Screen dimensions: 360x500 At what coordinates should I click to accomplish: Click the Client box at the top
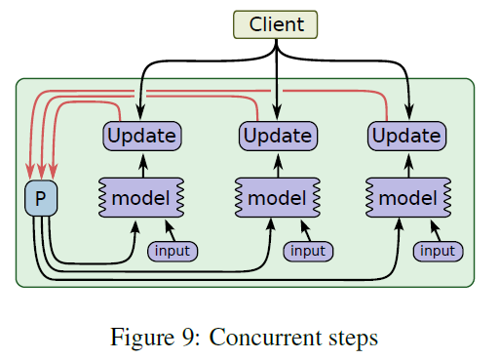coord(277,24)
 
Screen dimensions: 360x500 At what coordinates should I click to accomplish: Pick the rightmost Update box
coord(406,136)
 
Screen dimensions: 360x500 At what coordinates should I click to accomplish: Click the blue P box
coord(41,198)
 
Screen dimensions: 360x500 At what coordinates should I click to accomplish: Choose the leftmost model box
coord(140,198)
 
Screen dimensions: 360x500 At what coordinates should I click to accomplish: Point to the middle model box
coord(277,198)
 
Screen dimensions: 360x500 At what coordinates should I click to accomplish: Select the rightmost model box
coord(406,198)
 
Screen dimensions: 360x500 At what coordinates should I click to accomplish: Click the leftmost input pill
coord(172,251)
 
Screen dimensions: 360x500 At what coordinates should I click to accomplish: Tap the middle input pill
coord(308,251)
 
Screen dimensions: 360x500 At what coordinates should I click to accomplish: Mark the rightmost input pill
coord(438,251)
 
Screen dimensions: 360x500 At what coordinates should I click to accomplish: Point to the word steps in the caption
coord(349,339)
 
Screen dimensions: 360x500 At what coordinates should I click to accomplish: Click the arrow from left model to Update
coord(141,164)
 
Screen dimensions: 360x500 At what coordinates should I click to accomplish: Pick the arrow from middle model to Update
coord(278,164)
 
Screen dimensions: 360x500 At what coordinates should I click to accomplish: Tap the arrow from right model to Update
coord(407,164)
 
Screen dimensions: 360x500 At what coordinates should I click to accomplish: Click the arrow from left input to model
coord(169,230)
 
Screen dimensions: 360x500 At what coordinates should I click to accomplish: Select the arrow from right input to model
coord(434,230)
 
